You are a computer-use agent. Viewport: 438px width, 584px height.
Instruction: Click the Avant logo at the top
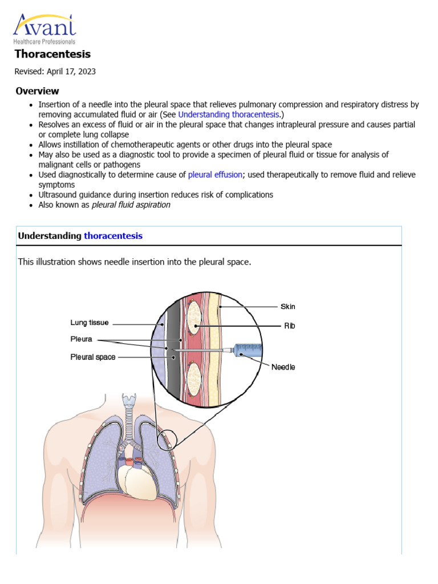(x=44, y=28)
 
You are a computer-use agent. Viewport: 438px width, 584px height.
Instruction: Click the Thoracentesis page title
(x=52, y=54)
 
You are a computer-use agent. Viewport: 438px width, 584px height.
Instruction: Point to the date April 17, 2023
(x=70, y=72)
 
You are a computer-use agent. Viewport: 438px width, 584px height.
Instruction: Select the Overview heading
(x=37, y=91)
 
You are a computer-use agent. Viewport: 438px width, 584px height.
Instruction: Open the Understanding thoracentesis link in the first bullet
(x=228, y=115)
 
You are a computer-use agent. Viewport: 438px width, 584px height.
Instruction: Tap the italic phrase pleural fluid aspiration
(x=131, y=205)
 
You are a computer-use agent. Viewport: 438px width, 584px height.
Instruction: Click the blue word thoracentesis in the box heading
(x=113, y=236)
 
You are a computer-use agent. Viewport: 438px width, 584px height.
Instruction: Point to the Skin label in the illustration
(x=287, y=306)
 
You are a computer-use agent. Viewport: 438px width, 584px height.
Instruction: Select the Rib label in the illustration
(x=290, y=326)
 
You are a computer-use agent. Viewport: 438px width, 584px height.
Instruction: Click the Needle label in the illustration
(x=283, y=367)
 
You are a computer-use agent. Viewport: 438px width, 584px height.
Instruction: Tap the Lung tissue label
(x=90, y=323)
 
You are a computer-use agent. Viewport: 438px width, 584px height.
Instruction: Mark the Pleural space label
(x=92, y=358)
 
